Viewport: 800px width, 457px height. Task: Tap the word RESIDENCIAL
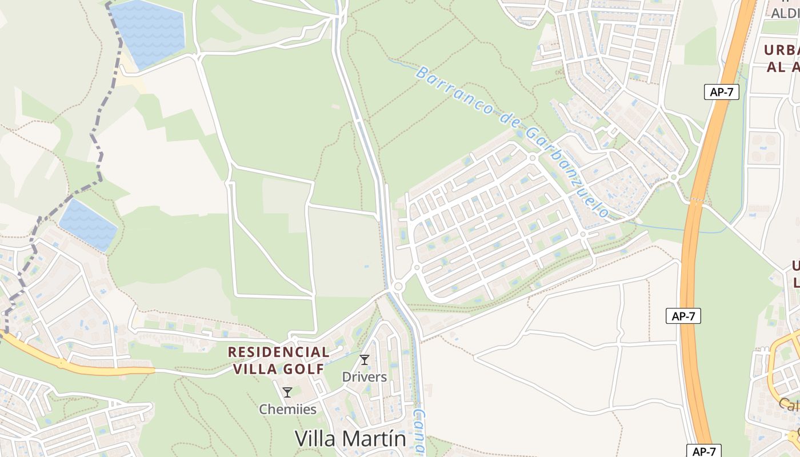point(279,352)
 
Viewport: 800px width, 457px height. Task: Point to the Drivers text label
point(365,377)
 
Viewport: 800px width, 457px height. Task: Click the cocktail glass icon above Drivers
point(365,360)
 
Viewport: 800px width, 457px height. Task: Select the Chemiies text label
point(287,409)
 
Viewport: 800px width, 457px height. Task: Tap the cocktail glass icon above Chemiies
point(287,392)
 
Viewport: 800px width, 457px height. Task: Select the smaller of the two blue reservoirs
point(89,225)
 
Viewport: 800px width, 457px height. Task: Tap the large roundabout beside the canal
point(398,285)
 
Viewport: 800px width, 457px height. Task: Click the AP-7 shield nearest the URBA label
point(721,92)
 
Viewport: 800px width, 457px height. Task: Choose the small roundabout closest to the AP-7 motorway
point(674,178)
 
